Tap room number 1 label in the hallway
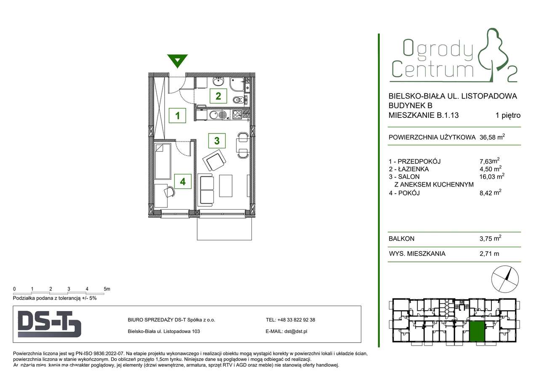[178, 115]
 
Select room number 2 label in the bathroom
[218, 96]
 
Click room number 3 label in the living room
[217, 140]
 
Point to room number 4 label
[183, 181]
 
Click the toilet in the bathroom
[237, 100]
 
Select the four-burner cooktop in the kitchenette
[237, 114]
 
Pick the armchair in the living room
[215, 161]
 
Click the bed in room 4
[163, 161]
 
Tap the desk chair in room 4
[169, 192]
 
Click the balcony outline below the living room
[224, 229]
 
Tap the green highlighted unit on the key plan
[477, 331]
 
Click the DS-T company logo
[49, 324]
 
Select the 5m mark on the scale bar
[107, 289]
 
